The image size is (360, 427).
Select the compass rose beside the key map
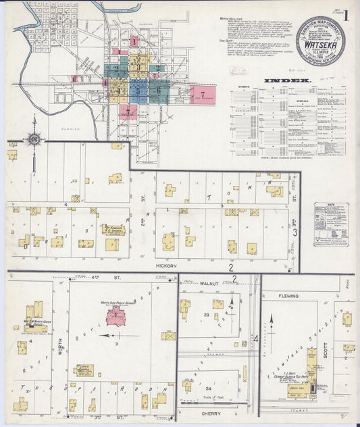click(33, 139)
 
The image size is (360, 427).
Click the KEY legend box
click(331, 224)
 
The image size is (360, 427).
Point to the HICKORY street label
click(166, 266)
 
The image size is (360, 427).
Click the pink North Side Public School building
click(117, 316)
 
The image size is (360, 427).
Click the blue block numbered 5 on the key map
click(138, 89)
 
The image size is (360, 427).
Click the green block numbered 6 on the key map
click(159, 89)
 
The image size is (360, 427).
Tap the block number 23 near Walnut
click(206, 315)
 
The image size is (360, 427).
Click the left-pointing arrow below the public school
click(108, 334)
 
